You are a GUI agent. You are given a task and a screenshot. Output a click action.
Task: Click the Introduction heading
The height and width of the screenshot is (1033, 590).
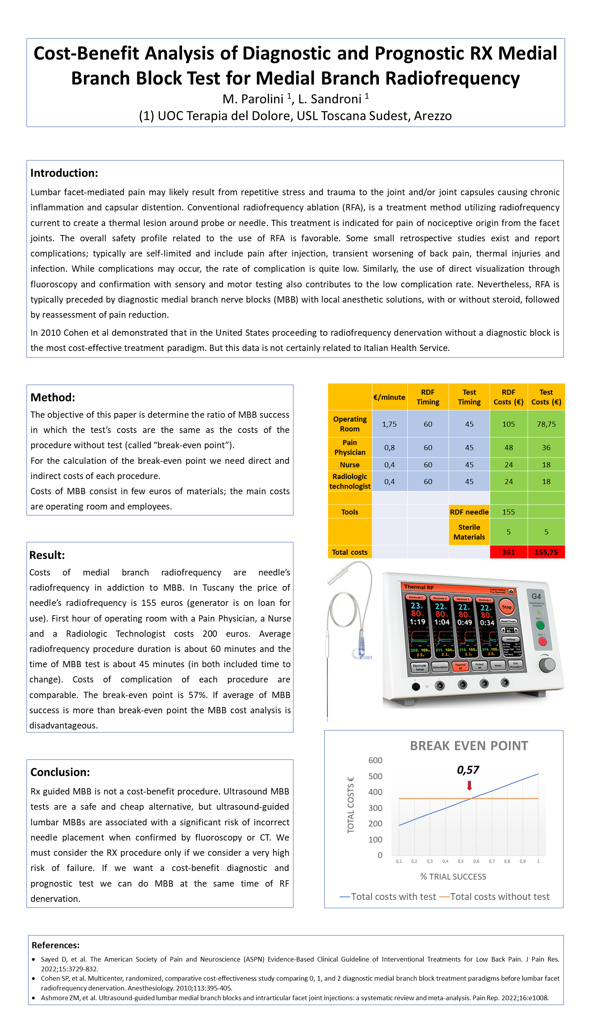pos(64,173)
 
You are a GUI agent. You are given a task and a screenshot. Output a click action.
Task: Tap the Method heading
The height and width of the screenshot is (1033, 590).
pos(53,397)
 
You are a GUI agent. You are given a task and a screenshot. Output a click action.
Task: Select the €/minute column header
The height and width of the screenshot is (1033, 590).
pos(389,397)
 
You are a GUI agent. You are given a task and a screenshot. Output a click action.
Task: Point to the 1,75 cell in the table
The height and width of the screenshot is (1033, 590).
pos(389,424)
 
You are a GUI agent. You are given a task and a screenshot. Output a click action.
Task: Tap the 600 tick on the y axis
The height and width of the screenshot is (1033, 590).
pos(375,761)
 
